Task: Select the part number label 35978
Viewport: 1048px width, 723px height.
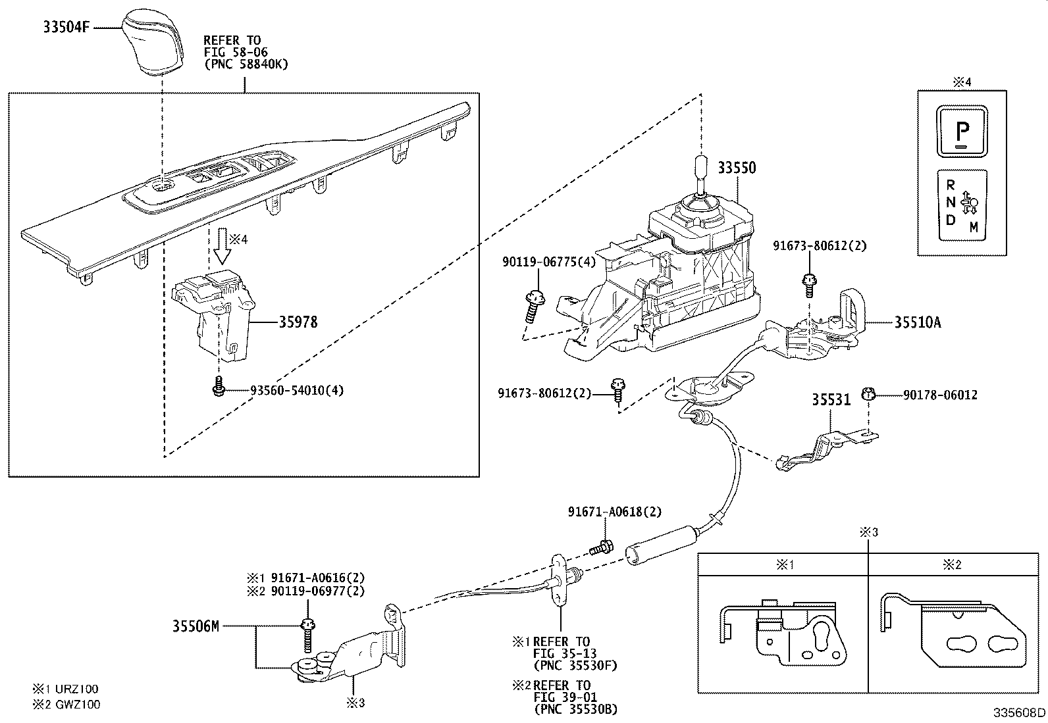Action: coord(298,322)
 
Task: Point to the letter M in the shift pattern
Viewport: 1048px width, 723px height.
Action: coord(974,228)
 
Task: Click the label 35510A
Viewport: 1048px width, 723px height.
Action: coord(918,322)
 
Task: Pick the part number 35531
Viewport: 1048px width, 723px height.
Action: coord(831,399)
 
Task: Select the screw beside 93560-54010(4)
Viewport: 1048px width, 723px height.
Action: coord(219,388)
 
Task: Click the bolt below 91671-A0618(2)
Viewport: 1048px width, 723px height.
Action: coord(601,546)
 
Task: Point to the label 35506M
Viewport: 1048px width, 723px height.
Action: coord(196,626)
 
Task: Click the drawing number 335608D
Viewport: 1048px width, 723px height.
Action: coord(1019,712)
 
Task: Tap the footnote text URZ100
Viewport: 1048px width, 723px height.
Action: coord(76,689)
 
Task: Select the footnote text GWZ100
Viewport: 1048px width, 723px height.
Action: coord(77,704)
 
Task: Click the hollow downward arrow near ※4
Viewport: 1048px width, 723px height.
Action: coord(221,249)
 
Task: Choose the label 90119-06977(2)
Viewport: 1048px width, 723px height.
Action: coord(317,591)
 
